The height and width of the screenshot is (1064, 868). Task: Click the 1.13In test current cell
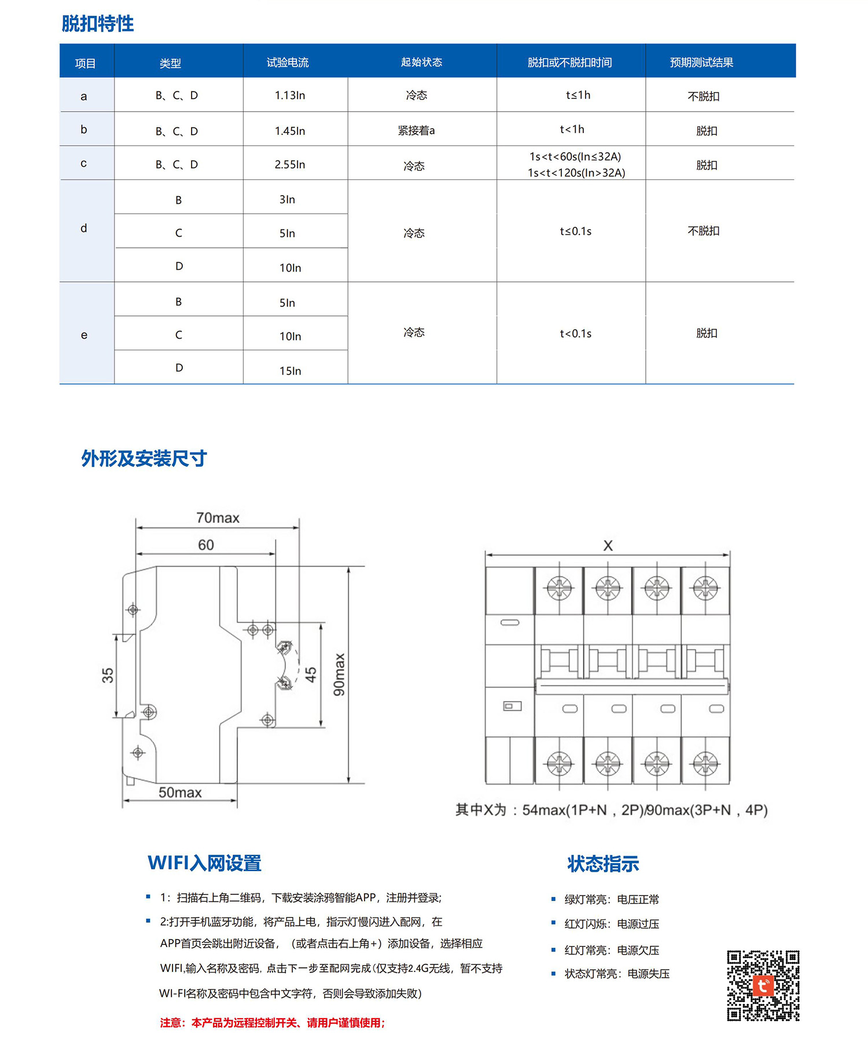click(x=290, y=96)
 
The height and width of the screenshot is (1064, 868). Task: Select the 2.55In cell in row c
click(x=290, y=164)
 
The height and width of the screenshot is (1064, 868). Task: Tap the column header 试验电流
click(x=288, y=63)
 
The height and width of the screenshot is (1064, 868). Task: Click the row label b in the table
click(x=84, y=130)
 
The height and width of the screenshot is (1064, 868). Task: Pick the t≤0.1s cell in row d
click(x=576, y=232)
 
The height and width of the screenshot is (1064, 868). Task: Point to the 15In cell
click(x=290, y=370)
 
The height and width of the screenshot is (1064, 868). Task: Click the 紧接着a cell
click(x=416, y=131)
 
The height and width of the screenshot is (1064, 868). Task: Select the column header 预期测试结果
click(x=701, y=63)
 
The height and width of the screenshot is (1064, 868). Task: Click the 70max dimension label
click(x=218, y=518)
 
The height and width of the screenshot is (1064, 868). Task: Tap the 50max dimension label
click(x=180, y=793)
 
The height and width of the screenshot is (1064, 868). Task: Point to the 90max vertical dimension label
click(x=339, y=674)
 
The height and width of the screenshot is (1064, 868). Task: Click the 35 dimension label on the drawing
click(x=108, y=675)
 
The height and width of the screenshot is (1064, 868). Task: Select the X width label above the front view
click(x=608, y=545)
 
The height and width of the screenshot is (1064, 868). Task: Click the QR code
click(x=763, y=985)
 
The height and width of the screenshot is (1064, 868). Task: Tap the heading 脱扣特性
click(x=98, y=24)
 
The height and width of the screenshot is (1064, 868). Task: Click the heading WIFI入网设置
click(x=204, y=863)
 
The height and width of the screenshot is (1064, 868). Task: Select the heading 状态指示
click(x=603, y=864)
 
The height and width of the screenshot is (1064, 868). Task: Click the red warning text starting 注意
click(x=273, y=1023)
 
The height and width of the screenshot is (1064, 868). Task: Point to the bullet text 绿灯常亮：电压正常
click(x=612, y=899)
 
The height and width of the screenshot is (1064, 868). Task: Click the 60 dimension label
click(x=206, y=545)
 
